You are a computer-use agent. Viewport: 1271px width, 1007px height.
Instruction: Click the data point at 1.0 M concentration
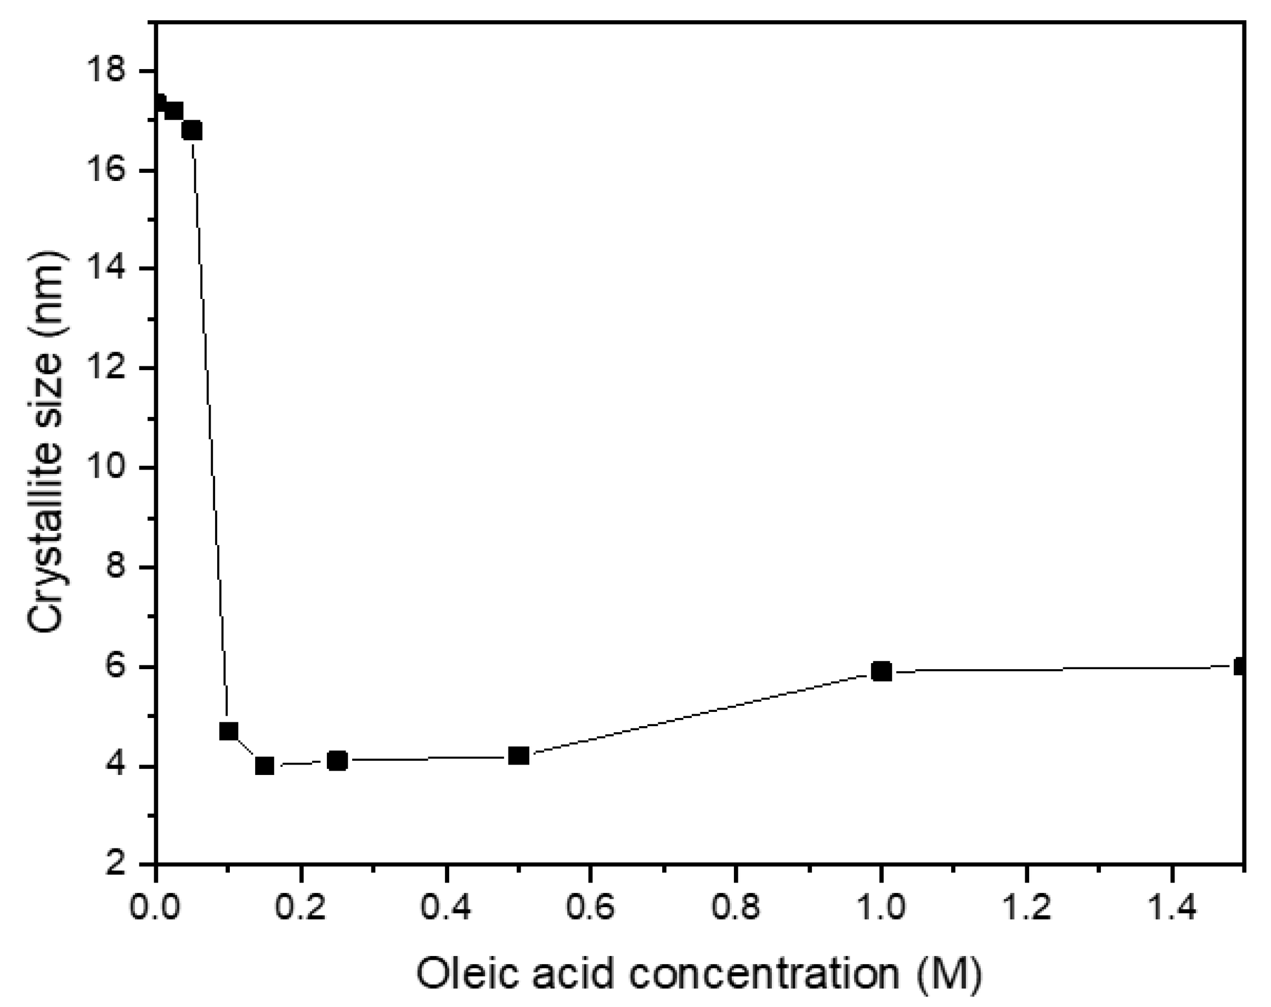click(x=882, y=671)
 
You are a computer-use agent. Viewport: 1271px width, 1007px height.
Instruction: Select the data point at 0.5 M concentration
click(x=519, y=755)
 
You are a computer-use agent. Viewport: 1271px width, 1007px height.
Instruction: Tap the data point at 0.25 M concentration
click(x=337, y=761)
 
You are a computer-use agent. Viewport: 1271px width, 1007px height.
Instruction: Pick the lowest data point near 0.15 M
click(x=265, y=766)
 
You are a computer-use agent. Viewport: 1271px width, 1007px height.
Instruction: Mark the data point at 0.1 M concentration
click(x=229, y=731)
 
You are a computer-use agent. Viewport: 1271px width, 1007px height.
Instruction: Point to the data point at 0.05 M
click(x=192, y=131)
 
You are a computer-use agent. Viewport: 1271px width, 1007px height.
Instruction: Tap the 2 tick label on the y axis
click(x=118, y=865)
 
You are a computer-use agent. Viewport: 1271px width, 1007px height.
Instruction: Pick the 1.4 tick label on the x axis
click(x=1171, y=908)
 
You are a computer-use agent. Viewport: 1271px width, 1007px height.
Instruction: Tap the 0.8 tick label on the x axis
click(x=736, y=908)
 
